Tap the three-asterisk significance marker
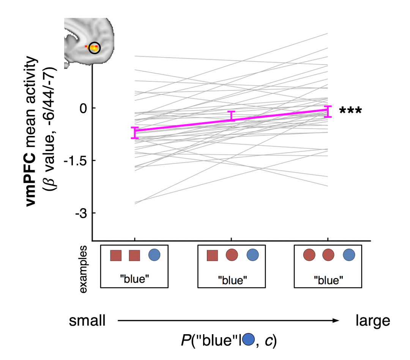pos(350,111)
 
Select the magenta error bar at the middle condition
pos(231,116)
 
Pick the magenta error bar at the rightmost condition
pos(328,111)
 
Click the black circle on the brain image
pos(94,48)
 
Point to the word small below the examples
pos(87,321)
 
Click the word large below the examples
pos(372,321)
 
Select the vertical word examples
pos(84,269)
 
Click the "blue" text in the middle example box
pos(232,280)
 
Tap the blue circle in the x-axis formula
pos(248,339)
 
